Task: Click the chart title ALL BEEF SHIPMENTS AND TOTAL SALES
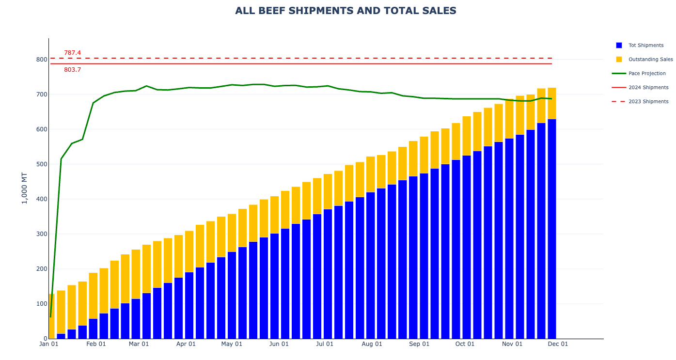(346, 11)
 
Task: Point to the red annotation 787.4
(73, 53)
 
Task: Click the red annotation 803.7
(73, 70)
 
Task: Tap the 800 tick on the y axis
(42, 60)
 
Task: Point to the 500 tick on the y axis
(42, 164)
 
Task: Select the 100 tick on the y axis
(42, 304)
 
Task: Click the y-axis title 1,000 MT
(25, 188)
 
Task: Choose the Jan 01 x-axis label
(48, 344)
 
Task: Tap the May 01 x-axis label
(232, 344)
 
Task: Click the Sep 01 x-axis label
(419, 344)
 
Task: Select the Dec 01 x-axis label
(558, 344)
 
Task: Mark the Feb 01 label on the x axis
(96, 344)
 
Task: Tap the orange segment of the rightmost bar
(551, 103)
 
